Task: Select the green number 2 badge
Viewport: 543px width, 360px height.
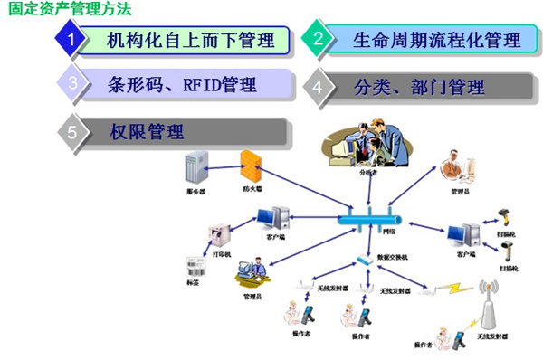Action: pos(318,39)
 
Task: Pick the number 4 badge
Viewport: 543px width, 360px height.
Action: pos(318,87)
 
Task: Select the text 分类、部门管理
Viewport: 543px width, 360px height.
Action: pos(420,88)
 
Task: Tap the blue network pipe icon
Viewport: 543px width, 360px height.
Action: pos(372,220)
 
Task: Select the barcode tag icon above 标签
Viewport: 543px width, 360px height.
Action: pos(193,268)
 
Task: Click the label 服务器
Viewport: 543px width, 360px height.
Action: pos(194,192)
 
